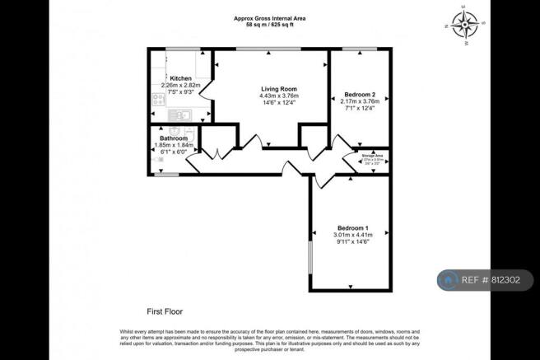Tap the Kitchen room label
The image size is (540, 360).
pos(180,78)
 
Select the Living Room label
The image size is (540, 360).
pos(279,88)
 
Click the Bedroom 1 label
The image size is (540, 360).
pos(352,227)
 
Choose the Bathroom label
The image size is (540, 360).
pos(173,138)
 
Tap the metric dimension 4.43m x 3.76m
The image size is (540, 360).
pos(279,95)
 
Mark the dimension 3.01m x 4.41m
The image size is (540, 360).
pos(352,235)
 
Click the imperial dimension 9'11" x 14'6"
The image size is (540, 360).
pos(352,241)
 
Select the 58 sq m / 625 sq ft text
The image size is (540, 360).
pos(269,26)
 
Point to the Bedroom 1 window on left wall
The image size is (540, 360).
pos(310,259)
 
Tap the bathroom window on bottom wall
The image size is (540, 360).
pos(166,174)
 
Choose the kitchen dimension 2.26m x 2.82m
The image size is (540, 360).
pos(180,85)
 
